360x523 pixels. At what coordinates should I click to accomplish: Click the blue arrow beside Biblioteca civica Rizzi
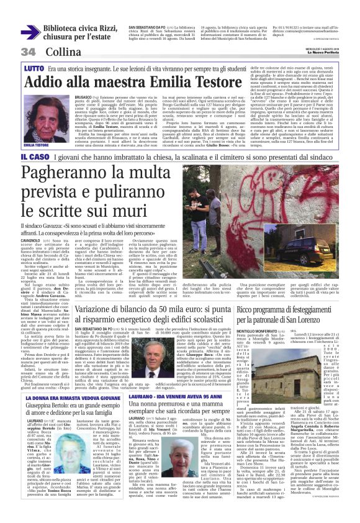30,32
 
